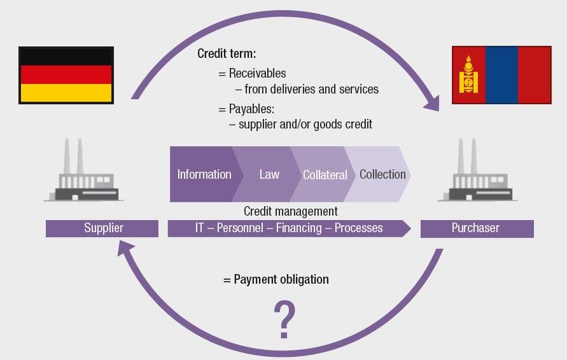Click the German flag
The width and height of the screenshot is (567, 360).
tap(66, 75)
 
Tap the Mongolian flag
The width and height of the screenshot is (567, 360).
tap(501, 75)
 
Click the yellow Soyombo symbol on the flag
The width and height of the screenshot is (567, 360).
tap(468, 74)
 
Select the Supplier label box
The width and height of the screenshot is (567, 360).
tap(102, 228)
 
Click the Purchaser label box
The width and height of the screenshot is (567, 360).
tap(477, 228)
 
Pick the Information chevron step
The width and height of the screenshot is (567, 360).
tap(204, 174)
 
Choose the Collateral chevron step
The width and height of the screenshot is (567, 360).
tap(325, 174)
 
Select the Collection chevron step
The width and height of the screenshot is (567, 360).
tap(382, 174)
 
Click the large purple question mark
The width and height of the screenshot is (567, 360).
tap(284, 320)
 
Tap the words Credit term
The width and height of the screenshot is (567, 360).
tap(227, 53)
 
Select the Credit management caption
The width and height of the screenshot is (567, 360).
tap(290, 211)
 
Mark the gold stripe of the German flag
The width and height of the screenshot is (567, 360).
tap(66, 93)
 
